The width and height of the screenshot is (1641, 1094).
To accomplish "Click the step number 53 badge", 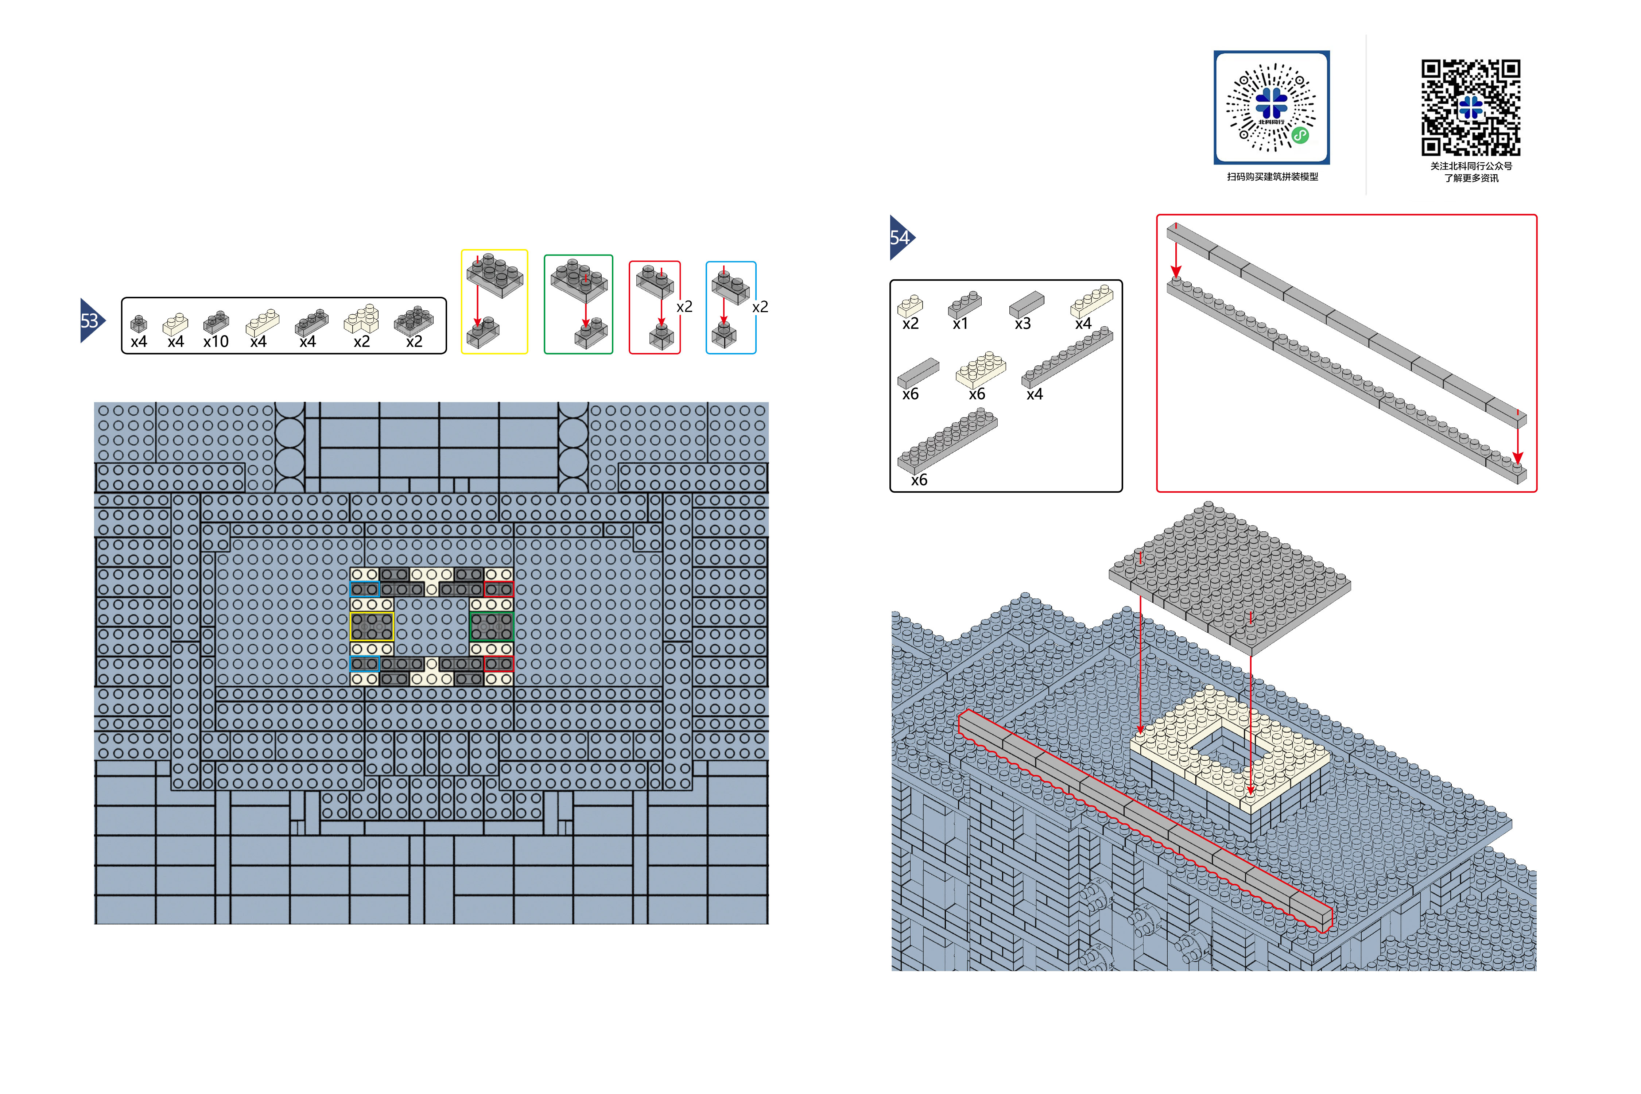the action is pos(92,321).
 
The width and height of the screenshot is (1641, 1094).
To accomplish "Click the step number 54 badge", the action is pos(901,238).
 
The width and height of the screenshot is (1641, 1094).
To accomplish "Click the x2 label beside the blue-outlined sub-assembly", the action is pos(760,307).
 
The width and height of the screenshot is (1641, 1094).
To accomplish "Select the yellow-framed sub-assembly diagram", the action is pos(495,302).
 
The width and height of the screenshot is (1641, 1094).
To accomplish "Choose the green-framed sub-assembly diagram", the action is pos(578,304).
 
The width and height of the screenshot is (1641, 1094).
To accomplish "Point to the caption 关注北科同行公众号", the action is pos(1471,166).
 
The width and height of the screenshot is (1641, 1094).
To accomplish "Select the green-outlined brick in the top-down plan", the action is pos(492,626).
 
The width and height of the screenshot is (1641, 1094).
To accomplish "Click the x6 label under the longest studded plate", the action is pos(919,480).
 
